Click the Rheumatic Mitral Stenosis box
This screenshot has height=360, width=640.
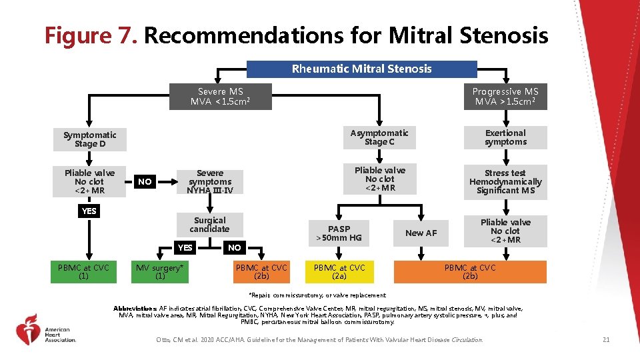point(362,69)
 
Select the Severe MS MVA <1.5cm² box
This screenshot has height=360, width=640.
point(221,97)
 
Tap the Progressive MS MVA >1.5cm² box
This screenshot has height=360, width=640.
point(505,97)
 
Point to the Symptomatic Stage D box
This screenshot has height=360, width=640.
point(90,139)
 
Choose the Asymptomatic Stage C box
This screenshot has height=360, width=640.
point(379,137)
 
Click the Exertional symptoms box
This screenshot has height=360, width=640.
point(505,137)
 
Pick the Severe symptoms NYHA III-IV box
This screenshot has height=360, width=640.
point(210,181)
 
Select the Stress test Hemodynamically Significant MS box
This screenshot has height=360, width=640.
point(505,181)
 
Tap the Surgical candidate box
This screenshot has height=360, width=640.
point(210,225)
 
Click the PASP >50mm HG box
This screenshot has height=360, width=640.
point(339,233)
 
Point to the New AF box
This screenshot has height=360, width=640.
point(421,233)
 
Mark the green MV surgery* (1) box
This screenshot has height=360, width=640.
point(159,271)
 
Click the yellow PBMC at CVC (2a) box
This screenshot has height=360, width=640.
point(339,271)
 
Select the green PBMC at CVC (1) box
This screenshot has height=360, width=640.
point(83,271)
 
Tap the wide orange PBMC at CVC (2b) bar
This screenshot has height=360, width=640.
point(470,271)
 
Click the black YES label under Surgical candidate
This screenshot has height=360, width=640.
point(185,247)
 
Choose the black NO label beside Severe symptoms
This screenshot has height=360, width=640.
point(145,181)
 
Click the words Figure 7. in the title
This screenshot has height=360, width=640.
point(91,35)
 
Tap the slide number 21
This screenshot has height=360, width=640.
point(605,340)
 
